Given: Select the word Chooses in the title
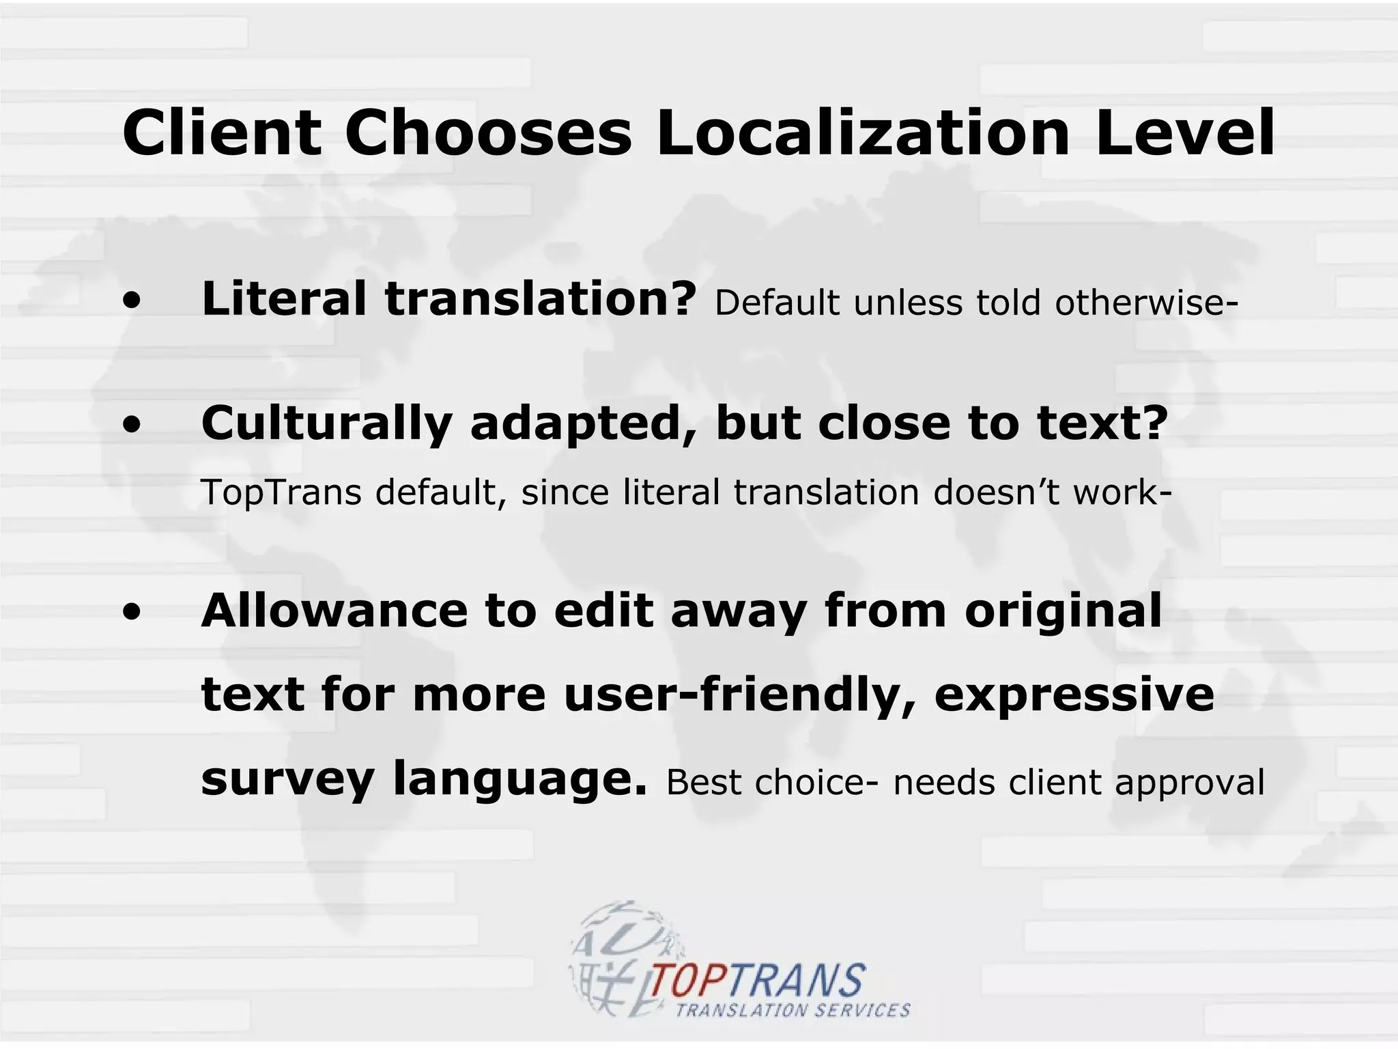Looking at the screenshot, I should tap(489, 132).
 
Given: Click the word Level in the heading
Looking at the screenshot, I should tap(1186, 132).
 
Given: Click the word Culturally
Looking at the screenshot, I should tap(326, 423).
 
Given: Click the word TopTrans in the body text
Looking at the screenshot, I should tap(281, 492).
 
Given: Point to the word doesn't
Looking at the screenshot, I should tap(995, 492).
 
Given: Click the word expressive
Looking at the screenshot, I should tap(1074, 695).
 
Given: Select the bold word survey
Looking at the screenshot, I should tap(287, 779).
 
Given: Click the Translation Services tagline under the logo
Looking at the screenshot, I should tap(793, 1010).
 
